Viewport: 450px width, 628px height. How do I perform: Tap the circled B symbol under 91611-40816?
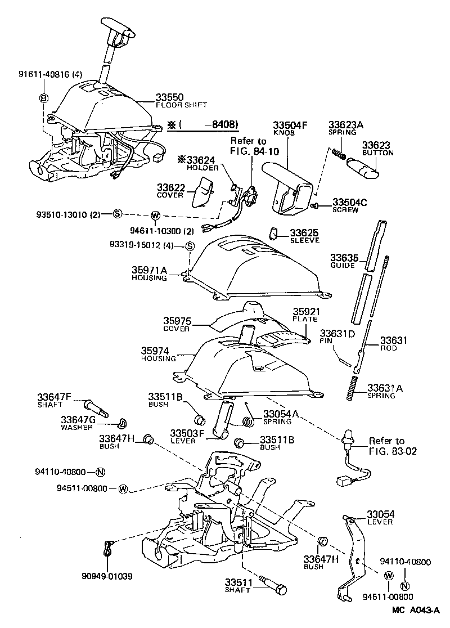click(x=43, y=98)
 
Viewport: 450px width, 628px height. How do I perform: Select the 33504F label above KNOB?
click(x=290, y=125)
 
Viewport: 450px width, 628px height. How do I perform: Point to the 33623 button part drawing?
click(x=362, y=168)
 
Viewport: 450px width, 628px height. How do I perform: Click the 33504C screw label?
click(x=349, y=202)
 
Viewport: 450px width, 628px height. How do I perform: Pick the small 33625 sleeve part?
click(x=274, y=233)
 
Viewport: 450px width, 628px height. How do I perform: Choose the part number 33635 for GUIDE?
click(x=343, y=258)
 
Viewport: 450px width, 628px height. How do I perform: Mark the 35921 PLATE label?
click(x=305, y=311)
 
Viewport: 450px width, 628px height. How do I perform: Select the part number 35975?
click(x=177, y=321)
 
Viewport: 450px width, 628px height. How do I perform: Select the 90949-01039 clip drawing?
click(x=109, y=549)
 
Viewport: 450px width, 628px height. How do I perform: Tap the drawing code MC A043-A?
click(x=415, y=610)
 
